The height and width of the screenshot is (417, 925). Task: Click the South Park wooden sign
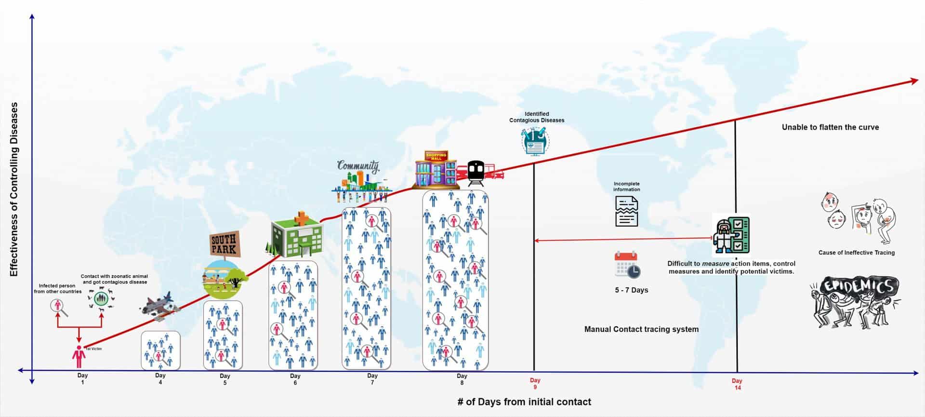pyautogui.click(x=224, y=243)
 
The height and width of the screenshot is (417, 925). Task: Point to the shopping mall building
pyautogui.click(x=436, y=169)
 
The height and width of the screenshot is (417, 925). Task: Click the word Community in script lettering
pyautogui.click(x=358, y=166)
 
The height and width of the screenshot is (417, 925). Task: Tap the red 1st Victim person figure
pyautogui.click(x=79, y=357)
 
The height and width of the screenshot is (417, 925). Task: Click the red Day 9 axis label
pyautogui.click(x=535, y=383)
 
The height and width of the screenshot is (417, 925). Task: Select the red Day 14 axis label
pyautogui.click(x=737, y=384)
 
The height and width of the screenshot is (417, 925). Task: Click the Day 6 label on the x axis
pyautogui.click(x=295, y=379)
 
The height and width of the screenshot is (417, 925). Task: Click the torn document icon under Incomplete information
pyautogui.click(x=626, y=212)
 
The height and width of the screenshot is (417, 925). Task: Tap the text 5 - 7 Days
pyautogui.click(x=631, y=290)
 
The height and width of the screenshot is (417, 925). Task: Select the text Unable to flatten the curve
pyautogui.click(x=830, y=127)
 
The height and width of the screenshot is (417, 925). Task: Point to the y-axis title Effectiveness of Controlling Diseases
pyautogui.click(x=14, y=189)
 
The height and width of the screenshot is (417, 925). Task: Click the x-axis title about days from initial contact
pyautogui.click(x=524, y=402)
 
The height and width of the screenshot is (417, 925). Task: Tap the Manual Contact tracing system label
pyautogui.click(x=641, y=329)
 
